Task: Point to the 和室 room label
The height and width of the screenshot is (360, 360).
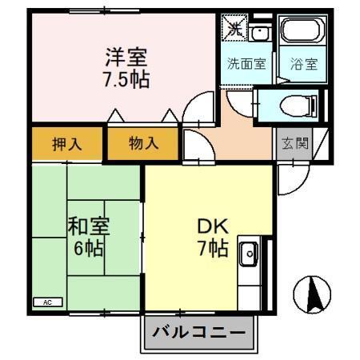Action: (x=88, y=226)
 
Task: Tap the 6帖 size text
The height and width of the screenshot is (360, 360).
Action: (x=88, y=248)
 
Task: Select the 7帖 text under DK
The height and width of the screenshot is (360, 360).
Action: (x=212, y=248)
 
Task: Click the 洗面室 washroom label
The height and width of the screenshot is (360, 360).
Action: (x=246, y=65)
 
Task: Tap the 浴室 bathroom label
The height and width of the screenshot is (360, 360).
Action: (x=303, y=65)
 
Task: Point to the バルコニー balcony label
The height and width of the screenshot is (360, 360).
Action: (x=198, y=332)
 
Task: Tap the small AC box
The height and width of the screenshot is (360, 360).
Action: (x=46, y=302)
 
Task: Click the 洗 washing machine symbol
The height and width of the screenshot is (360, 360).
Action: (x=234, y=28)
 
